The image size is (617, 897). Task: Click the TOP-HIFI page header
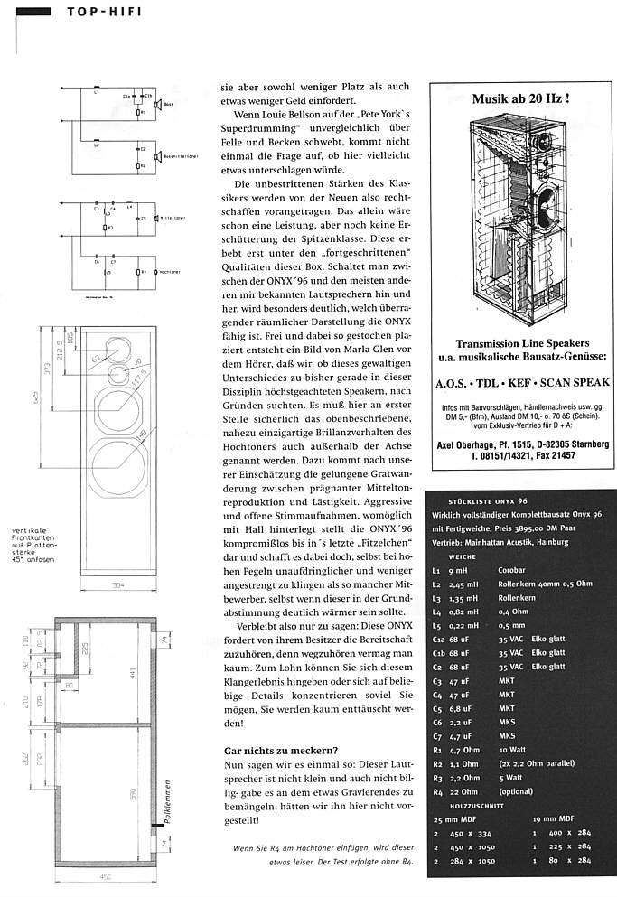click(x=100, y=12)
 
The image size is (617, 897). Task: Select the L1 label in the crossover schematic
click(x=96, y=91)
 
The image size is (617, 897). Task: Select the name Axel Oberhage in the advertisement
click(x=477, y=445)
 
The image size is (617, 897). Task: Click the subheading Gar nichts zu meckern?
click(x=281, y=750)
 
